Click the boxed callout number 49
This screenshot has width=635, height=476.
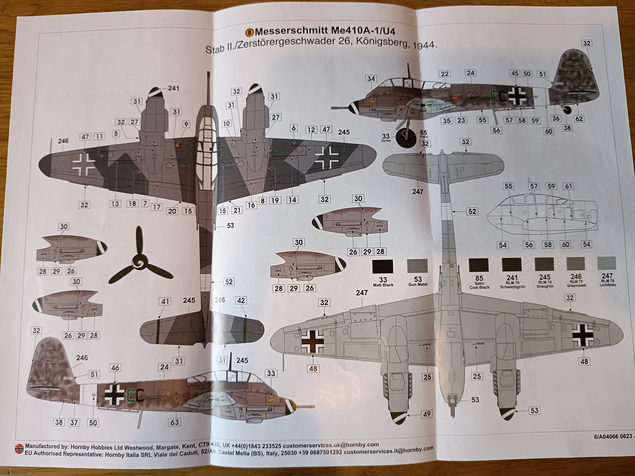[x=427, y=414]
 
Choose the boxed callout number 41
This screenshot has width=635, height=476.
[x=165, y=301]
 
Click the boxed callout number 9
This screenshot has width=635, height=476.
[x=186, y=124]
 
